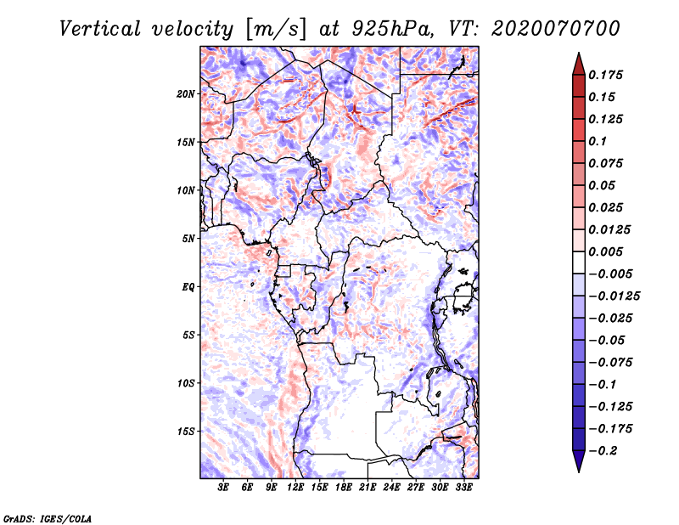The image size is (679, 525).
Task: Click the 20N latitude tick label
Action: [187, 93]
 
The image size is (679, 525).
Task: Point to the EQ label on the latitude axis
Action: [188, 287]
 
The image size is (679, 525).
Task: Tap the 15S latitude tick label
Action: [187, 432]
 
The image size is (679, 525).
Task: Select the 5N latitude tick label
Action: [188, 239]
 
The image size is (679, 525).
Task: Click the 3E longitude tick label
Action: [223, 488]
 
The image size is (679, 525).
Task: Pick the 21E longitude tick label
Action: [368, 488]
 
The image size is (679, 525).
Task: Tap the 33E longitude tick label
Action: [463, 488]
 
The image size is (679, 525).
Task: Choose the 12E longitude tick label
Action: [295, 488]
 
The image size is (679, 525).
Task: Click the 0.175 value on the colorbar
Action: [607, 75]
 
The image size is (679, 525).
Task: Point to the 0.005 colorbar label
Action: [607, 251]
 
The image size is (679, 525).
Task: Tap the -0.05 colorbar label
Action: [605, 340]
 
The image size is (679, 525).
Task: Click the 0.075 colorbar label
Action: [607, 163]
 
